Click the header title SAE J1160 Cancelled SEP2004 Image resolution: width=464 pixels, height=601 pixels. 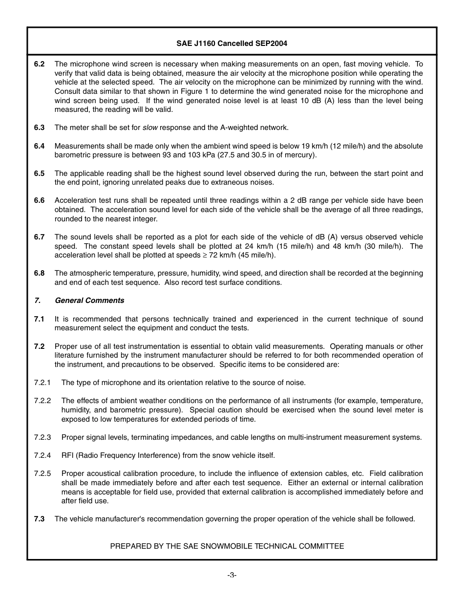[x=232, y=43]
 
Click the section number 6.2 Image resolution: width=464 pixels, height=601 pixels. [x=39, y=64]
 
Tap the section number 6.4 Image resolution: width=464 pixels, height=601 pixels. [x=39, y=146]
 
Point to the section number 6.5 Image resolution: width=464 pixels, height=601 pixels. [x=39, y=173]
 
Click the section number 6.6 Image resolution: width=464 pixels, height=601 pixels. [x=39, y=200]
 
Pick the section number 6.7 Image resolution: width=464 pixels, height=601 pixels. [x=39, y=237]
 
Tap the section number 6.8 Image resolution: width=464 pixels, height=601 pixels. [x=39, y=273]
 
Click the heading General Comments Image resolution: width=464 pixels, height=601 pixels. [x=89, y=300]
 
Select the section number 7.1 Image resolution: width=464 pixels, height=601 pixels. [x=39, y=319]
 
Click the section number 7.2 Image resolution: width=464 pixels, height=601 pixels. [x=39, y=346]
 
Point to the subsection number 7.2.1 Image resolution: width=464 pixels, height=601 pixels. [x=42, y=383]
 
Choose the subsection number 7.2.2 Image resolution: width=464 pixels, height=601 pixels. [x=42, y=401]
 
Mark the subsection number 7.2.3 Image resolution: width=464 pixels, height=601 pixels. [x=42, y=437]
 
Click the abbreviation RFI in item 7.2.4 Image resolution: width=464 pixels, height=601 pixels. [x=67, y=455]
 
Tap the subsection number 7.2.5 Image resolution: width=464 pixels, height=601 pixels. [x=42, y=473]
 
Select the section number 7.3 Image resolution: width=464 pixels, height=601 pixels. [x=39, y=519]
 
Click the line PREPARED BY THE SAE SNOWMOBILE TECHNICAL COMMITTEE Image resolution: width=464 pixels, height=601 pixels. [x=227, y=546]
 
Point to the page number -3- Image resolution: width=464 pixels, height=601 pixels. [x=232, y=575]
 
